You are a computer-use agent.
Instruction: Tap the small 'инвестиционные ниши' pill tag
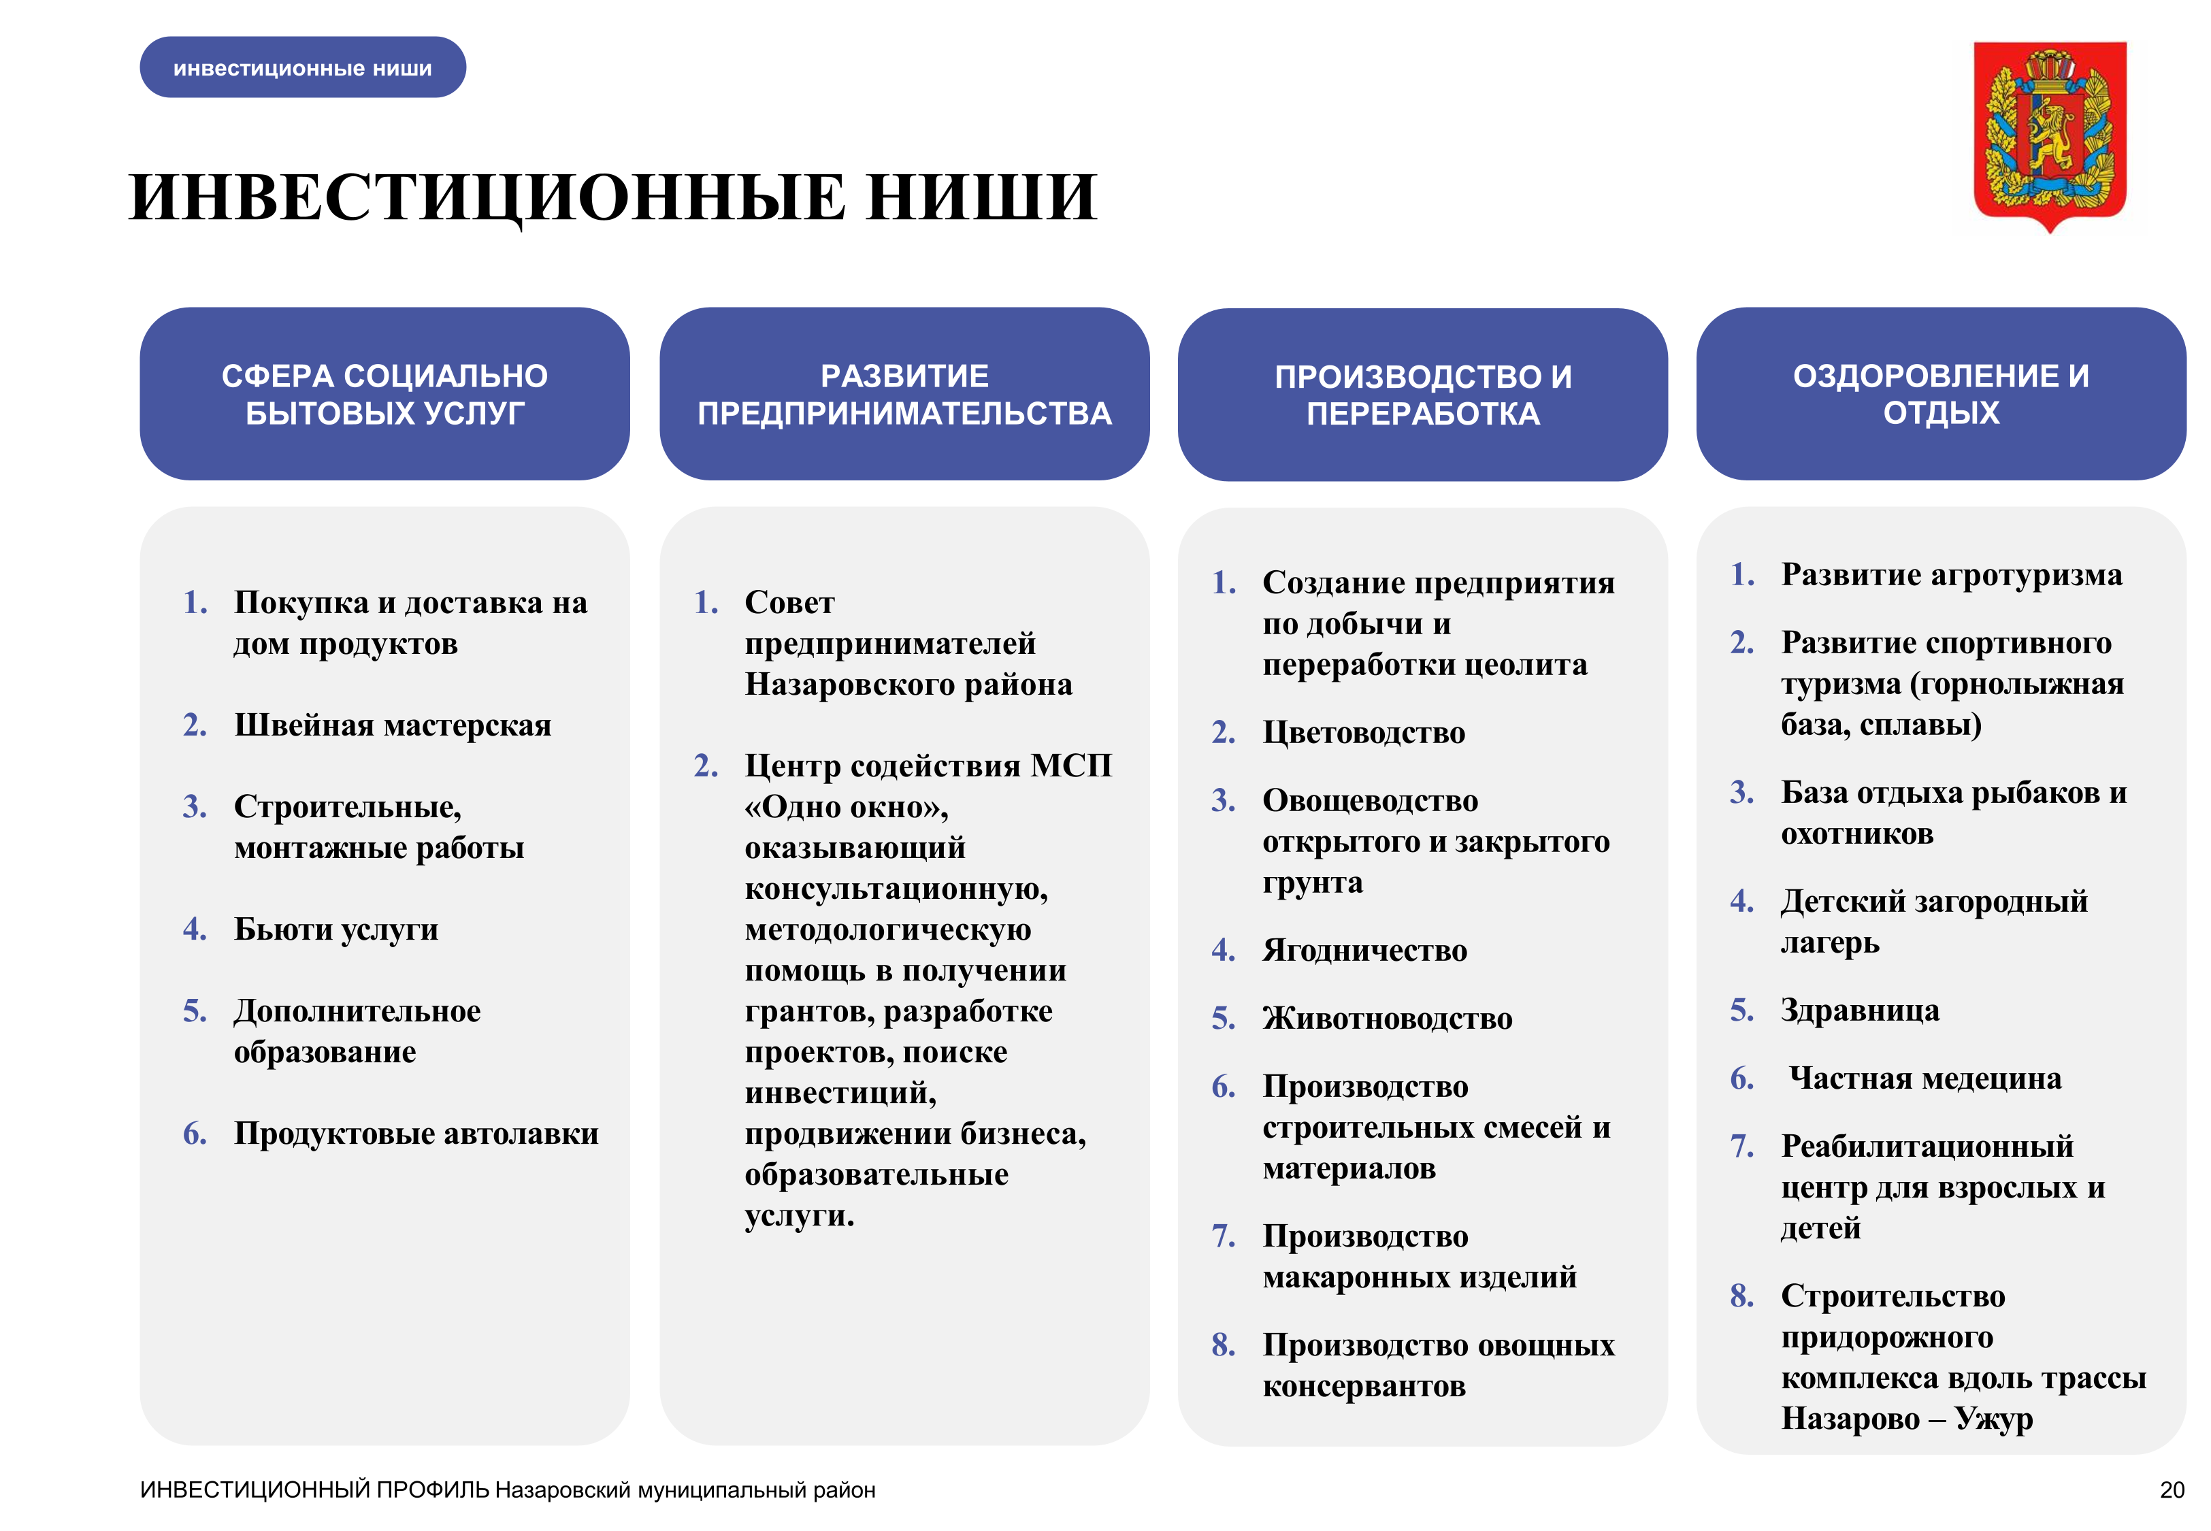click(303, 67)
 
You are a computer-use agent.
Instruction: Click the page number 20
click(2172, 1489)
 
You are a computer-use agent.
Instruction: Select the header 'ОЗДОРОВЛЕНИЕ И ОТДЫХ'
click(1941, 394)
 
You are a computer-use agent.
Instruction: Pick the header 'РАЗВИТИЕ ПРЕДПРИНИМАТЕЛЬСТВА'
click(904, 394)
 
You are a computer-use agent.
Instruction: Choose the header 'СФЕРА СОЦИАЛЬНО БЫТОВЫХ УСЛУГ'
click(384, 394)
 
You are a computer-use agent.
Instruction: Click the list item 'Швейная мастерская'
click(393, 725)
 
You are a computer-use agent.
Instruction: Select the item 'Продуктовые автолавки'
click(416, 1134)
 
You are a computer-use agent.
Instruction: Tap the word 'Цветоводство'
click(1364, 733)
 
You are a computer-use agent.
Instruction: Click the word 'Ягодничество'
click(1365, 951)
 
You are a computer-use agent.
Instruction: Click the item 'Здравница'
click(1860, 1010)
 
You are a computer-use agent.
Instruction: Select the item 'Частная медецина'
click(1925, 1079)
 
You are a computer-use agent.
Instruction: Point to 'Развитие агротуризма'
click(1952, 576)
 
